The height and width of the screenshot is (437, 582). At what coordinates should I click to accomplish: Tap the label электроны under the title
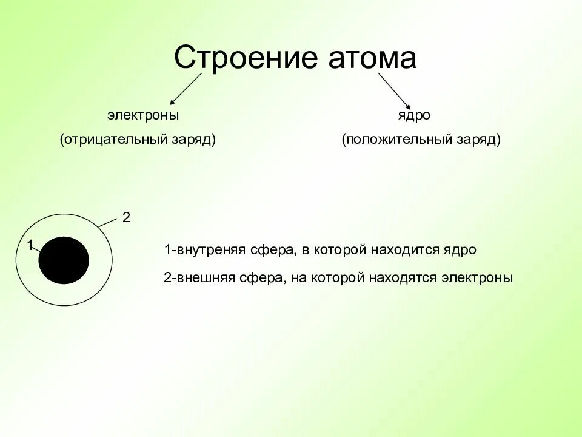click(143, 115)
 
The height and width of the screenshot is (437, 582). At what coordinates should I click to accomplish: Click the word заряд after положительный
click(476, 139)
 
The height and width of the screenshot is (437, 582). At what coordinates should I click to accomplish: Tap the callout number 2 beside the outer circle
click(126, 217)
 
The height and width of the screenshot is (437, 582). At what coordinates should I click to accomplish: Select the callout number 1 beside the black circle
click(29, 245)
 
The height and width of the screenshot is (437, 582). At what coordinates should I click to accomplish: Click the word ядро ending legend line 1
click(462, 249)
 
